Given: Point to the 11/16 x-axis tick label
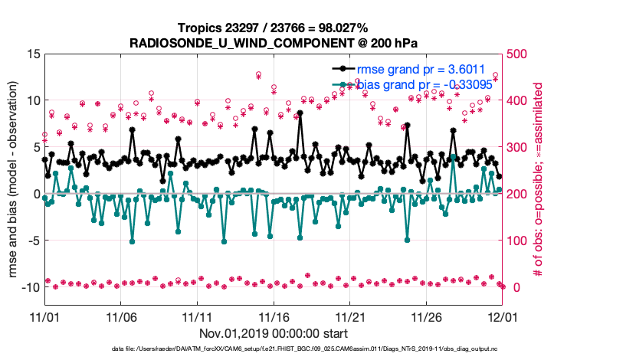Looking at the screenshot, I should pos(274,316).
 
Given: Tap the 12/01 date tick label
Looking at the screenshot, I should pos(503,316).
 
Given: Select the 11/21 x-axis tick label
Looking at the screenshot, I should pos(350,316).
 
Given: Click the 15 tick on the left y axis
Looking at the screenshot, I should pos(32,54).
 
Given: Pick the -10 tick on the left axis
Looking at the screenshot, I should pos(29,287).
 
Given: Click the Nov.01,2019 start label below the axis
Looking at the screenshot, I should pos(274,333).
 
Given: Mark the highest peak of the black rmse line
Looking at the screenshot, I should pos(300,113).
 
